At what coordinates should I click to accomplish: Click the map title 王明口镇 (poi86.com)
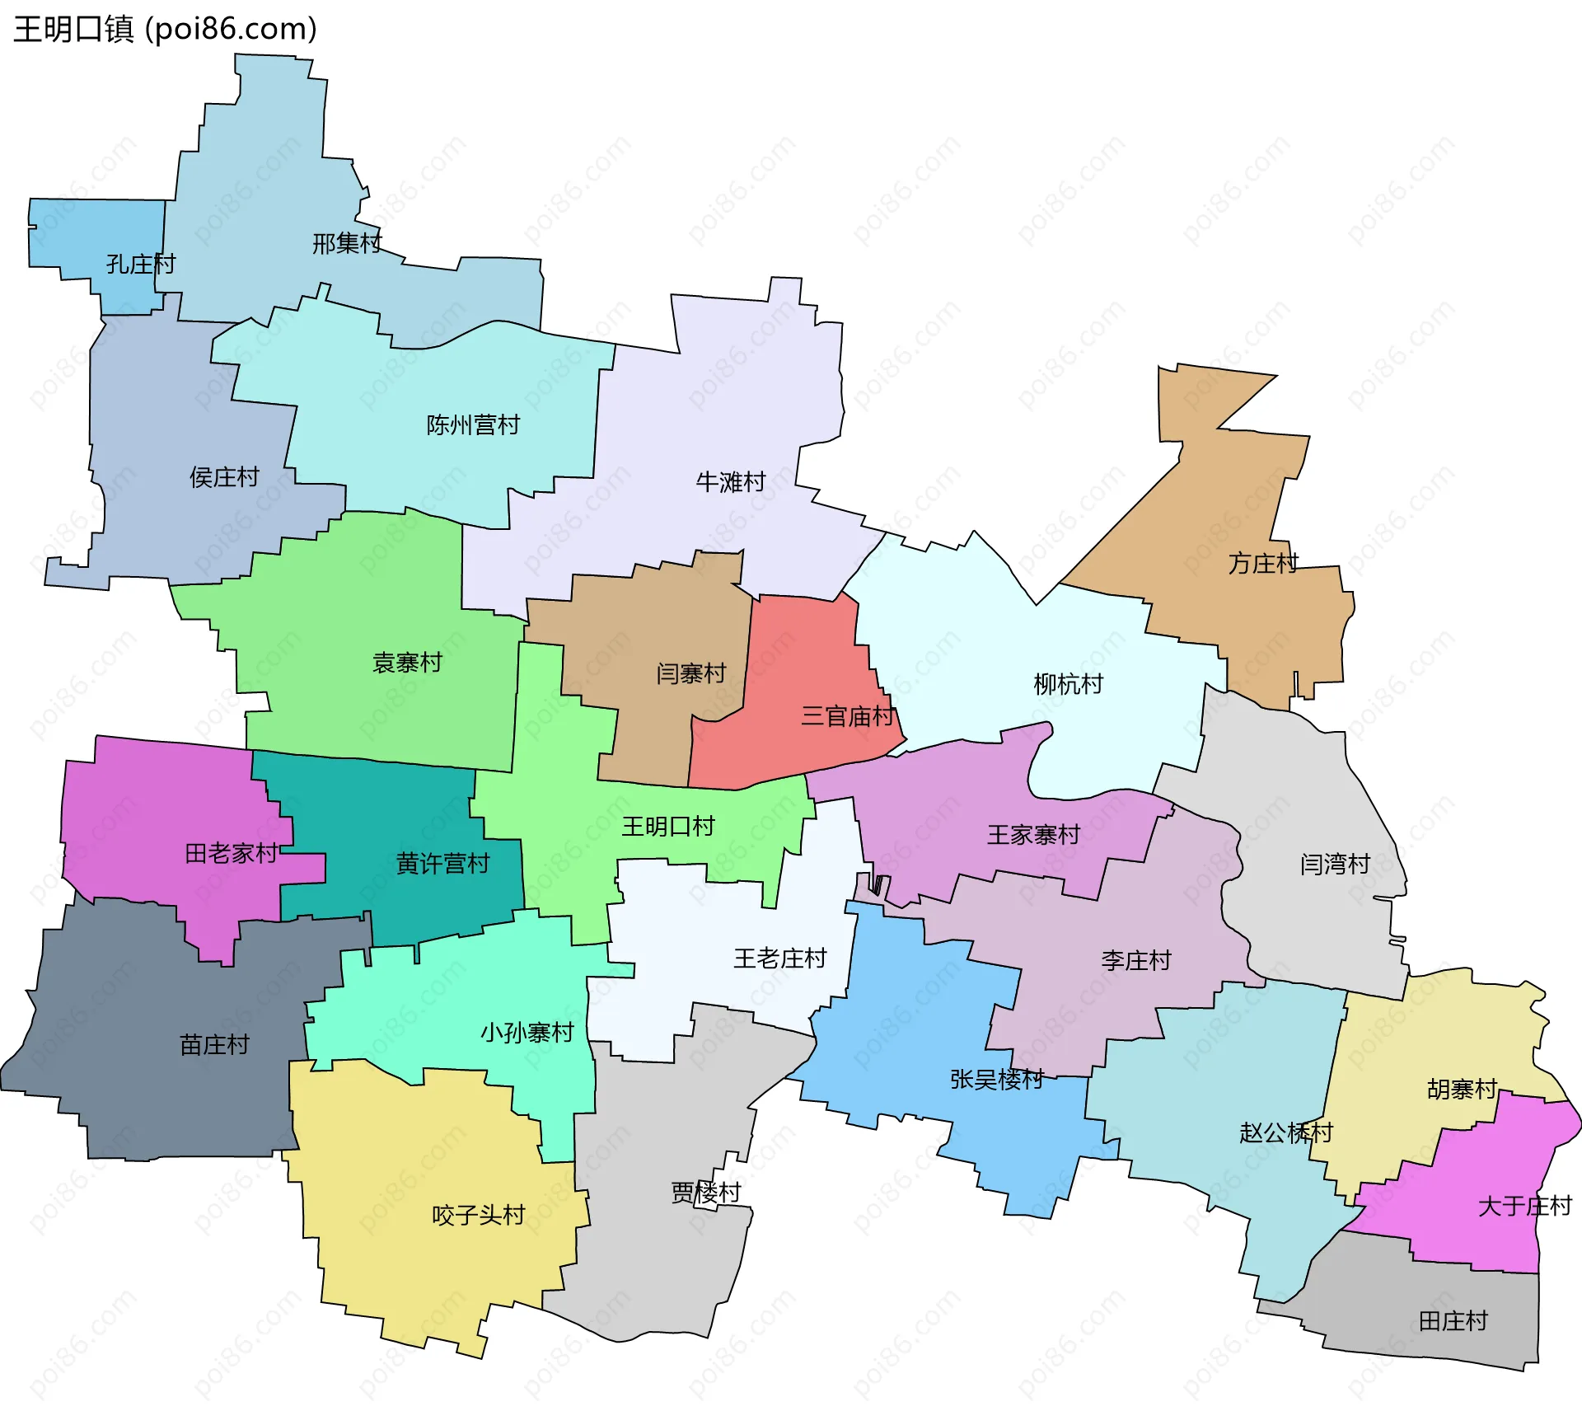pyautogui.click(x=165, y=29)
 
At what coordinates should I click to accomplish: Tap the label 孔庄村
pyautogui.click(x=141, y=264)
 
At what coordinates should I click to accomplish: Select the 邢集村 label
pyautogui.click(x=347, y=243)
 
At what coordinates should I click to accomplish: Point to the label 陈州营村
pyautogui.click(x=473, y=424)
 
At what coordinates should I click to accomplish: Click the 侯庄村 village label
pyautogui.click(x=224, y=476)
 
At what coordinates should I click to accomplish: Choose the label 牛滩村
pyautogui.click(x=731, y=481)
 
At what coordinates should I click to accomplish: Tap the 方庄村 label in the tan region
pyautogui.click(x=1263, y=563)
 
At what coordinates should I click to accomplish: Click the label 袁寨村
pyautogui.click(x=407, y=662)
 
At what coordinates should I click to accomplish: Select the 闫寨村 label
pyautogui.click(x=690, y=673)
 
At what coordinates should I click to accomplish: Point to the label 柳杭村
pyautogui.click(x=1068, y=683)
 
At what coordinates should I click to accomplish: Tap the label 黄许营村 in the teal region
pyautogui.click(x=442, y=863)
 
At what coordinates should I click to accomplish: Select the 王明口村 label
pyautogui.click(x=667, y=826)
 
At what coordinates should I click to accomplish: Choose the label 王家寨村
pyautogui.click(x=1033, y=835)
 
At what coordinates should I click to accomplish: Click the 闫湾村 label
pyautogui.click(x=1335, y=864)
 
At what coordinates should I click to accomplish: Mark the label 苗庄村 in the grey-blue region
pyautogui.click(x=214, y=1044)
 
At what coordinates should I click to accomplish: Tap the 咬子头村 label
pyautogui.click(x=478, y=1215)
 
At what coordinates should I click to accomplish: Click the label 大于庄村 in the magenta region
pyautogui.click(x=1524, y=1206)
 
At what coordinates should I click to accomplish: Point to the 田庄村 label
pyautogui.click(x=1453, y=1321)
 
